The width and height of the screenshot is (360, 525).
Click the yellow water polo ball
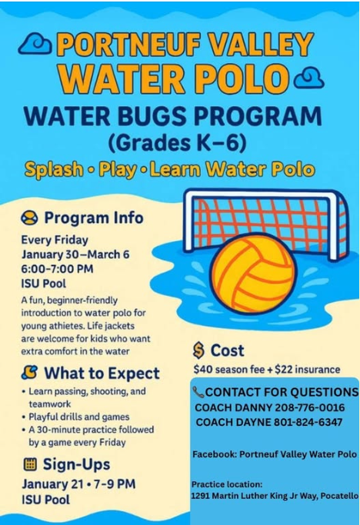coord(254,272)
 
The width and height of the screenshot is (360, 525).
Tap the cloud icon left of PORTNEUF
coord(35,44)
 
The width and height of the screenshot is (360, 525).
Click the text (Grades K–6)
coord(178,143)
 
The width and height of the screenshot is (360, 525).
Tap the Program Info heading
coord(94,218)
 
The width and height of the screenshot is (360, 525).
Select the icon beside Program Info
coord(29,218)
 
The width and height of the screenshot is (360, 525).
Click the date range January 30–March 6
coord(75,254)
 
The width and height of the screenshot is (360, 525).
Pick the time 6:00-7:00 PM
coord(58,269)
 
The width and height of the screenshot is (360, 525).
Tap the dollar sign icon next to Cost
coord(198,351)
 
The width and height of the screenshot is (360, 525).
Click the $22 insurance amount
coord(308,370)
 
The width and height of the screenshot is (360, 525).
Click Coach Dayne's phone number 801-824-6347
coord(308,422)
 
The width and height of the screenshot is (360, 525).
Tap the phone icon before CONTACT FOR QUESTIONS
coord(198,391)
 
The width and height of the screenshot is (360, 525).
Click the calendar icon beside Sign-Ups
coord(30,464)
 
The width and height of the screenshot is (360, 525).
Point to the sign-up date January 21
coord(53,484)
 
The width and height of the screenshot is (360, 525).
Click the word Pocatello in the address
coord(339,496)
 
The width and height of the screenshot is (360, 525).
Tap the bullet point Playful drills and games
coord(75,417)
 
